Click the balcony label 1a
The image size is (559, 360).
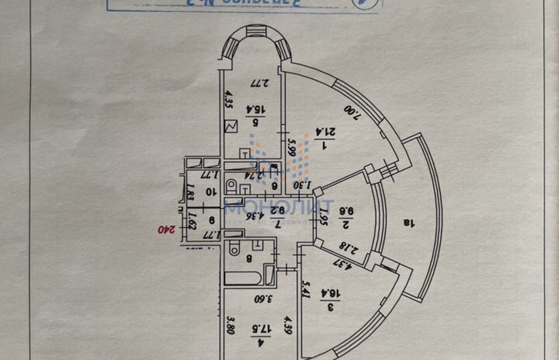click(x=409, y=223)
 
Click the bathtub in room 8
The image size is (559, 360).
click(x=243, y=278)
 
